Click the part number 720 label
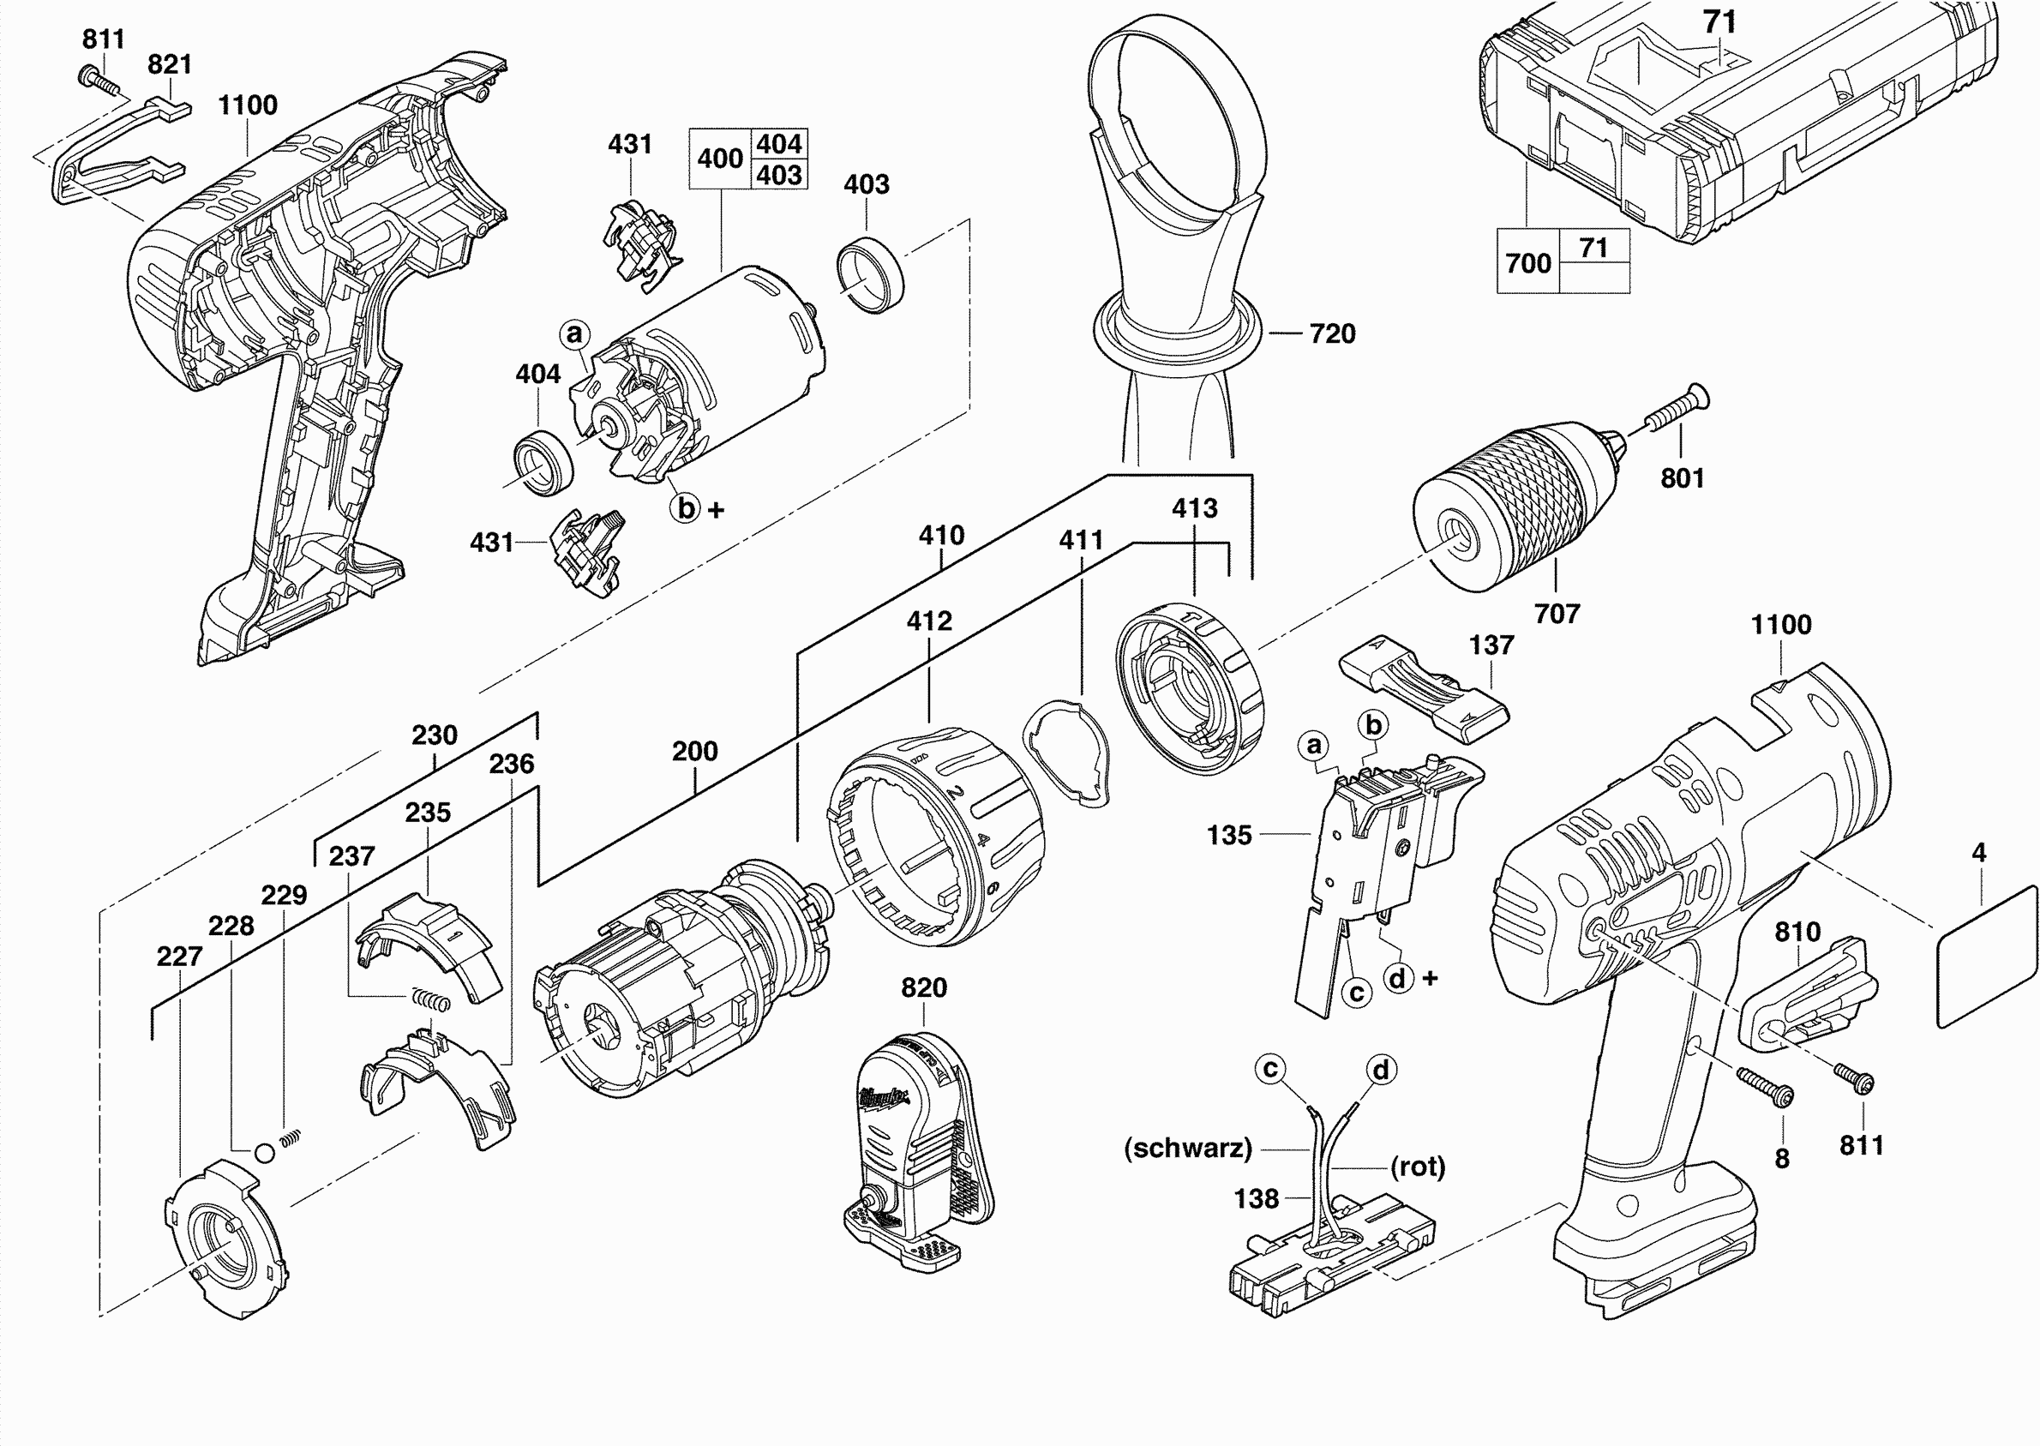click(1331, 334)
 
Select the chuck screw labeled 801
click(1674, 410)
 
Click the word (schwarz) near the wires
click(1188, 1148)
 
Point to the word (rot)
click(1418, 1166)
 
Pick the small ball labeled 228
click(265, 1153)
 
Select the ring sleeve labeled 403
click(870, 275)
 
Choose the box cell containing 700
click(1528, 262)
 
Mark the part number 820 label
click(923, 987)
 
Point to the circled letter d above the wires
click(1381, 1070)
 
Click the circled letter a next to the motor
click(575, 334)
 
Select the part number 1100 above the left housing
click(248, 105)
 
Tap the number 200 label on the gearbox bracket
click(694, 752)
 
